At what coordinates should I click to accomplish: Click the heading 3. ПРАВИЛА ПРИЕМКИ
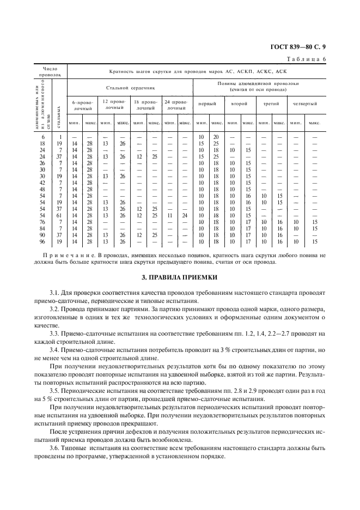(x=180, y=277)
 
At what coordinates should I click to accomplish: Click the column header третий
(x=271, y=104)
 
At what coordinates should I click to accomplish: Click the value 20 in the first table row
(x=216, y=136)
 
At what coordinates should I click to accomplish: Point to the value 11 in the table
(x=169, y=215)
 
